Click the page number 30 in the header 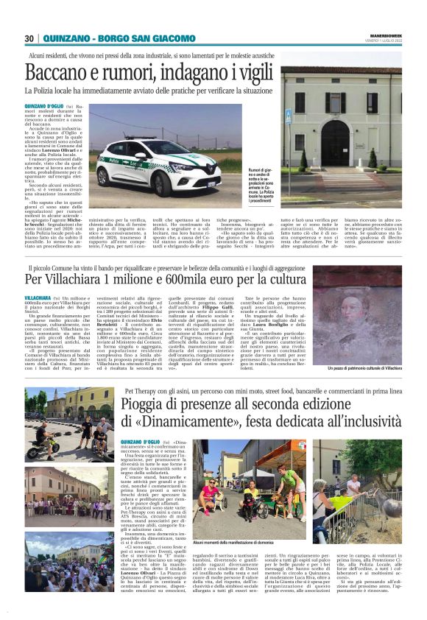(x=29, y=38)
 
